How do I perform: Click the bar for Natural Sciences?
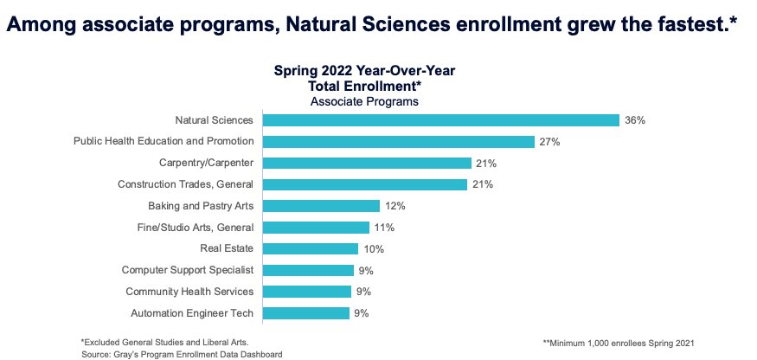click(x=440, y=120)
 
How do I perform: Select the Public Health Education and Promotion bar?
click(x=398, y=141)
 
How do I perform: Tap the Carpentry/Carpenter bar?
click(x=367, y=163)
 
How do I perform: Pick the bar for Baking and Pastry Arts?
click(x=321, y=206)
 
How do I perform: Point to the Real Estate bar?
click(x=310, y=248)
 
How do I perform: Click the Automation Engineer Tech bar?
click(x=305, y=313)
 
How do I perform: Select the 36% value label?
click(x=635, y=120)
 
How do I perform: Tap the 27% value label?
click(x=550, y=141)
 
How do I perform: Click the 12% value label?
click(x=395, y=206)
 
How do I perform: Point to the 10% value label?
click(x=374, y=248)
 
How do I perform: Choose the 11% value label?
click(x=385, y=228)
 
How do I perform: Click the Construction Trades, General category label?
click(x=185, y=184)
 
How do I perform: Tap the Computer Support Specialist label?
click(x=187, y=270)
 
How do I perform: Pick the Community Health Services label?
click(x=189, y=292)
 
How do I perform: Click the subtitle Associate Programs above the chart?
click(x=364, y=101)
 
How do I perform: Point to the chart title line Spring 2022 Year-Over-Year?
click(x=364, y=71)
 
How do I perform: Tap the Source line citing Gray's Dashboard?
click(x=182, y=354)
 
